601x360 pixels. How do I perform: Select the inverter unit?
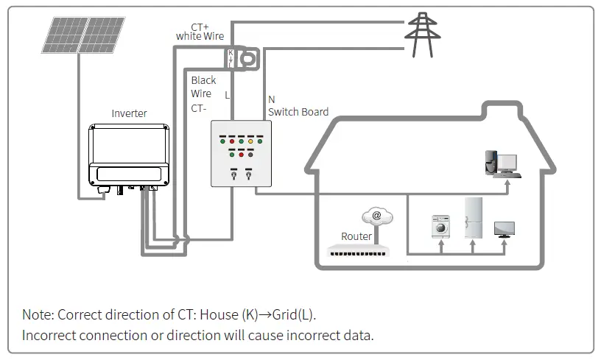pos(129,155)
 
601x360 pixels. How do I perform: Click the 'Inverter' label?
pos(129,113)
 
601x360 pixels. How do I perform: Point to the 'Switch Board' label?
pos(298,112)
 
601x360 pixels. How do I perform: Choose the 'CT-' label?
pos(199,107)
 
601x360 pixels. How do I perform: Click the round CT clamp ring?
pos(252,57)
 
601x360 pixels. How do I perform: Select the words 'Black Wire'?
pos(201,87)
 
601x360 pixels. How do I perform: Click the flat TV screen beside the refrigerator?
pos(505,228)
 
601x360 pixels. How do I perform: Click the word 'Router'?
pos(356,236)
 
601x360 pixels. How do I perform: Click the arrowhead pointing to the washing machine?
pos(441,241)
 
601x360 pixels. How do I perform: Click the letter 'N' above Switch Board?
pos(271,99)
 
